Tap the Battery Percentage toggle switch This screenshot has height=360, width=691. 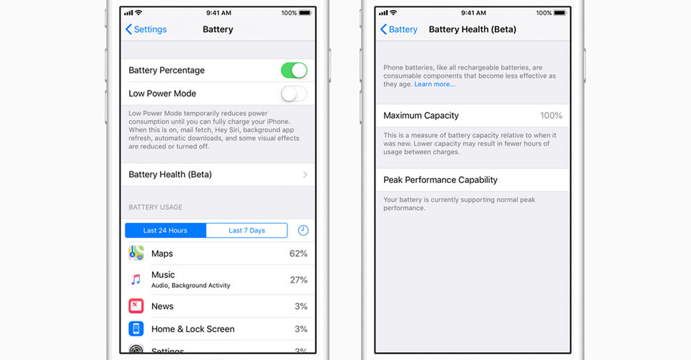pos(294,70)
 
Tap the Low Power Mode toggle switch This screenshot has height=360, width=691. pos(294,94)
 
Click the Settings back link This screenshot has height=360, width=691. pos(146,29)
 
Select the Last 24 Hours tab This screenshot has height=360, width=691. pos(166,230)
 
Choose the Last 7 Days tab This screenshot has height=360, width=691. pos(247,230)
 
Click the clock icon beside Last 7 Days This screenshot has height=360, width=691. pos(303,230)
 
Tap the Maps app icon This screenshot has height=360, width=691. pos(136,254)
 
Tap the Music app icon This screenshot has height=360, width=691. pos(136,279)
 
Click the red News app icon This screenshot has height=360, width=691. pos(136,306)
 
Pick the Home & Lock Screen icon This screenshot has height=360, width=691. pos(136,329)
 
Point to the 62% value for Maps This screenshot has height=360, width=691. pos(298,254)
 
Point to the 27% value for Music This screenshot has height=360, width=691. pos(298,280)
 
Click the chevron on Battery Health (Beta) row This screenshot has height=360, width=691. pos(305,175)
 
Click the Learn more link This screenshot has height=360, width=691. pos(435,84)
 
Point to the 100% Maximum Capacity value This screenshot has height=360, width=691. pos(551,116)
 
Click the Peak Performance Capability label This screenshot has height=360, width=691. pos(440,180)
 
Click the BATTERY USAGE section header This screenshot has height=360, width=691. pos(156,207)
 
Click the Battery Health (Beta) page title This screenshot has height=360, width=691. pos(473,29)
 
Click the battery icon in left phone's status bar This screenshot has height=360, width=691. pos(305,13)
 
